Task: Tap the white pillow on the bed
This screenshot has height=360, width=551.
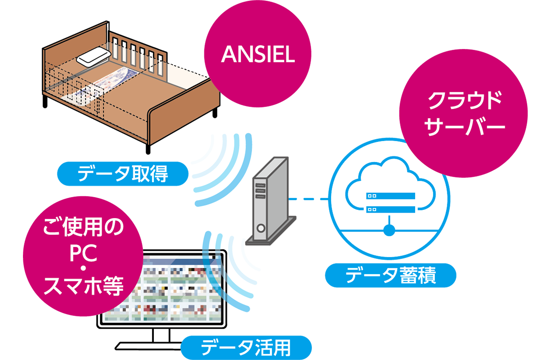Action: (x=93, y=57)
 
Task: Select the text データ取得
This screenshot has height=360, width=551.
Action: (x=123, y=174)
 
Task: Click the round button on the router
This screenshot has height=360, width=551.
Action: (x=261, y=228)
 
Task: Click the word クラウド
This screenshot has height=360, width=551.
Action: (x=464, y=101)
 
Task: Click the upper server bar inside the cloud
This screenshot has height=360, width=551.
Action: (x=390, y=196)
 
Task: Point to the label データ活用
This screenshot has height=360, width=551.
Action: (x=246, y=347)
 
